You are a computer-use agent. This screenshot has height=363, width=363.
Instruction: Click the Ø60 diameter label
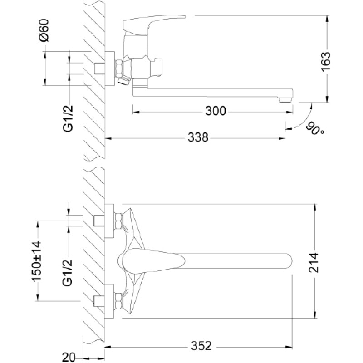tap(44, 30)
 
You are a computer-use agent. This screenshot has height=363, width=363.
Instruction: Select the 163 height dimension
tap(326, 62)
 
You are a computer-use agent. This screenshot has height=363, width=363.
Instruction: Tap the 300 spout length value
tap(216, 111)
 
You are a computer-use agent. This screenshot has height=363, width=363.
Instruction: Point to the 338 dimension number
tap(198, 137)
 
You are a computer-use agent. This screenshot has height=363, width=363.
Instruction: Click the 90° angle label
tap(315, 129)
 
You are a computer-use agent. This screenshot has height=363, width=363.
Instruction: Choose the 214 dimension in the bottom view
tap(314, 263)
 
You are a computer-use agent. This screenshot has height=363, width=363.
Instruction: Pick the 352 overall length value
tap(201, 346)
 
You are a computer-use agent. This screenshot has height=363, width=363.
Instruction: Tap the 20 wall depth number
tap(69, 357)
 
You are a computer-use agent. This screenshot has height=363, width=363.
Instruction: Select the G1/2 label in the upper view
tap(69, 118)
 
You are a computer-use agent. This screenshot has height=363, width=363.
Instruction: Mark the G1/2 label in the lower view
tap(68, 273)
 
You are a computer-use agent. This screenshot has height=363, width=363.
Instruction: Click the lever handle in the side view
tap(154, 23)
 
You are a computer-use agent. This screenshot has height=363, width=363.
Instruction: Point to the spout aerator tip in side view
tap(285, 100)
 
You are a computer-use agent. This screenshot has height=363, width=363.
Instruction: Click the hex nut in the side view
tap(119, 69)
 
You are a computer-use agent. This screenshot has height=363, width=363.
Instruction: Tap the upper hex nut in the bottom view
tap(118, 221)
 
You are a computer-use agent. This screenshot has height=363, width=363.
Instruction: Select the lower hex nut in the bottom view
tap(118, 301)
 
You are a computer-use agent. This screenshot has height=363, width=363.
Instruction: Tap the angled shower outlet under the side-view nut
tap(124, 82)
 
